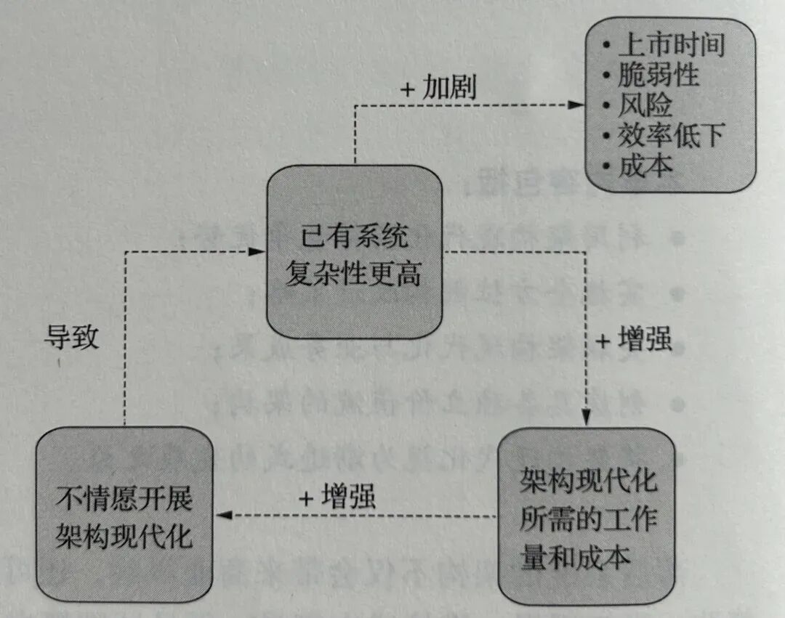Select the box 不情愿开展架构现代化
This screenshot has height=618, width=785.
tap(124, 517)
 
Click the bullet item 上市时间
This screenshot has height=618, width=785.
tap(671, 45)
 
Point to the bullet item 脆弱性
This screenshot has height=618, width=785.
tap(658, 75)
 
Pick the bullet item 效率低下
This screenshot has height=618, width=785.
tap(671, 136)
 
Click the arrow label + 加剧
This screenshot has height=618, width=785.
tap(438, 88)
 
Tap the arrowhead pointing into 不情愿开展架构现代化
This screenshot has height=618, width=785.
tap(226, 516)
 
